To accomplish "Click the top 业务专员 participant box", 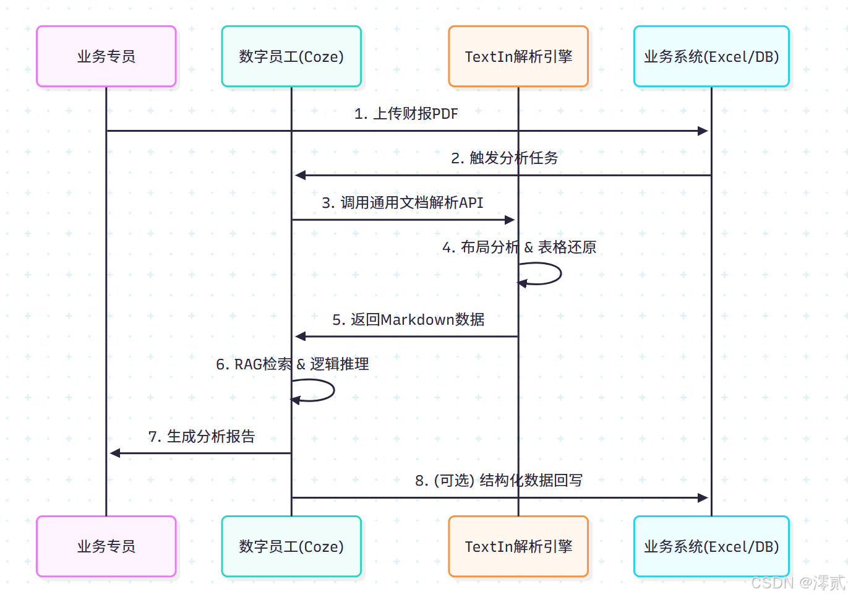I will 106,56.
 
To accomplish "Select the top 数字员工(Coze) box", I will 291,56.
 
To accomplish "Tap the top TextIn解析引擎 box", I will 518,56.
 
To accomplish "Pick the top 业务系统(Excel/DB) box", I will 711,56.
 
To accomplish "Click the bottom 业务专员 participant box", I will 106,546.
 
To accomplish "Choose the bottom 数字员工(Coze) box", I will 291,546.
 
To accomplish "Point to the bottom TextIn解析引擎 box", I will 518,546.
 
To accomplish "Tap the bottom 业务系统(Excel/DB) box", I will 711,546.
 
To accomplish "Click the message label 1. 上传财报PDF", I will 406,114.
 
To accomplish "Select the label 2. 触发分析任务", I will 504,158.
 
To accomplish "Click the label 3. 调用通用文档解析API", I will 403,203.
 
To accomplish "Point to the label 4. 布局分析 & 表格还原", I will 519,247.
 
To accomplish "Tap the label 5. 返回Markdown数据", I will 408,320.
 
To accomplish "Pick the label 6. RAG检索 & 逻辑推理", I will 292,364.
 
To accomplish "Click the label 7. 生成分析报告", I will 202,437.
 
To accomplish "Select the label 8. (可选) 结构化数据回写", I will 499,481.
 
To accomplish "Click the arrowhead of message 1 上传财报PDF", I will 703,131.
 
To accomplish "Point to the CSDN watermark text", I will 797,583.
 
